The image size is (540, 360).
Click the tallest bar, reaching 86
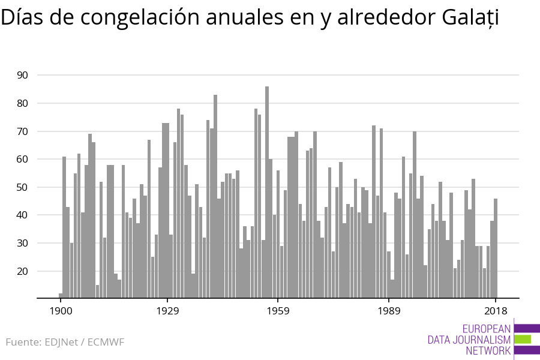point(267,192)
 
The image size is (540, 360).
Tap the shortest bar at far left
point(61,295)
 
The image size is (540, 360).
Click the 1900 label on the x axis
point(61,311)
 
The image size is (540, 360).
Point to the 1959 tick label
point(278,311)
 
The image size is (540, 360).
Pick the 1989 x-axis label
point(389,311)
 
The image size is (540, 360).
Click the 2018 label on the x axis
point(496,311)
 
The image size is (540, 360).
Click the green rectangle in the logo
point(523,339)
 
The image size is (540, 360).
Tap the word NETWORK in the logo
point(488,350)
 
